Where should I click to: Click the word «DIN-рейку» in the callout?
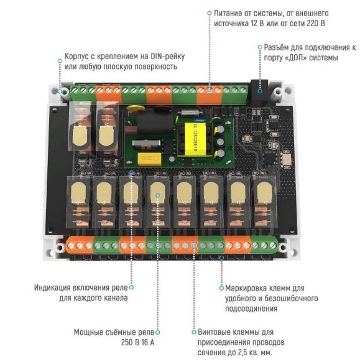coord(168,57)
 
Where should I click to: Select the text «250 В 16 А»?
coord(137,342)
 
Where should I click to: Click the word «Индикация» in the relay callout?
coord(52,287)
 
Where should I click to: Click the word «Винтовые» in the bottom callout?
coord(214,332)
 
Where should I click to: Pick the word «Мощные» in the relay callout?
coord(88,332)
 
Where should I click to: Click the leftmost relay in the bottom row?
coord(78,202)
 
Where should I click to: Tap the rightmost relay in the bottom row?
coord(264,201)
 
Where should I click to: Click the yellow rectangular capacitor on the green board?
coord(149,159)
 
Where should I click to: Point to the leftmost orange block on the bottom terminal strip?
coord(80,245)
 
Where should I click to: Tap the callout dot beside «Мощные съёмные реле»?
coord(157,332)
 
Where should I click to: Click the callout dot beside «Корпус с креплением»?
coord(60,61)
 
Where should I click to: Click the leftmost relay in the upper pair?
coord(80,126)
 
